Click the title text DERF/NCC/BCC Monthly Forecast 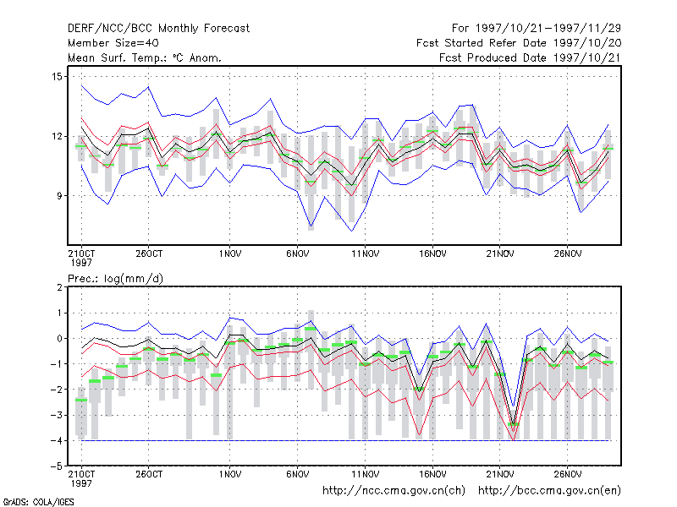point(158,29)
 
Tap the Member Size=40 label point(113,43)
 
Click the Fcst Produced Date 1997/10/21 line point(530,57)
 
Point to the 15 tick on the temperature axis point(57,77)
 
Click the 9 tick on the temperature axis point(59,196)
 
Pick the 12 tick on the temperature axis point(57,136)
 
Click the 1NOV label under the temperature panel point(229,254)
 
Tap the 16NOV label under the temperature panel point(432,254)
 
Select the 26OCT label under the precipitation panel point(149,474)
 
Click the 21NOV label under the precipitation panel point(500,474)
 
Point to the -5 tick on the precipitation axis point(57,466)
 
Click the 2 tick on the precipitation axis point(59,287)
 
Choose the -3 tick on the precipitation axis point(57,415)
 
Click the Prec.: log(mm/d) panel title point(115,279)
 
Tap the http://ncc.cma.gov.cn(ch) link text point(394,491)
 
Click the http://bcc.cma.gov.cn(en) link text point(549,491)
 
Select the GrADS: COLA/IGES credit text point(38,502)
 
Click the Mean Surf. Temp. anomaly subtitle point(144,57)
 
